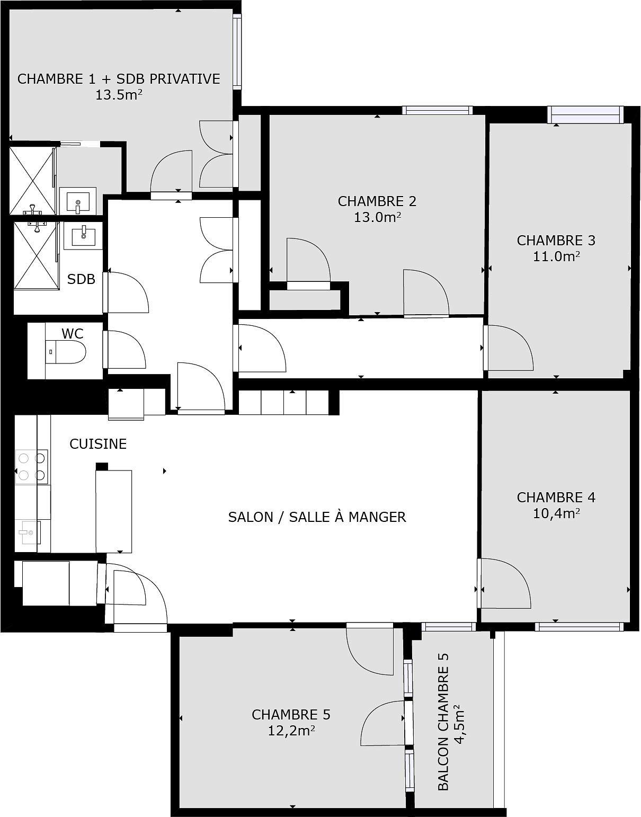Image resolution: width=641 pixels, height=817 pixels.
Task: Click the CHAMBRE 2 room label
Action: [377, 201]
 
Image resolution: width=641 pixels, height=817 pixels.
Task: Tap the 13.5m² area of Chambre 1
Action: [119, 95]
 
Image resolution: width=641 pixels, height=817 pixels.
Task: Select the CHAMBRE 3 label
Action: [556, 241]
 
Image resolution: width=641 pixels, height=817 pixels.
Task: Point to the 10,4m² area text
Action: [556, 513]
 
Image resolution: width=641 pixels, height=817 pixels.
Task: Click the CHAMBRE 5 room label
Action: [291, 715]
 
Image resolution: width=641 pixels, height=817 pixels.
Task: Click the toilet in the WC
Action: [66, 352]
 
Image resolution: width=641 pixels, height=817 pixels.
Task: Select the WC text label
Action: [73, 334]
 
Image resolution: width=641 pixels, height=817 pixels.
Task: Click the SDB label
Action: [81, 279]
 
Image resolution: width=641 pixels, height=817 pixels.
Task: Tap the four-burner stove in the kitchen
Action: [32, 467]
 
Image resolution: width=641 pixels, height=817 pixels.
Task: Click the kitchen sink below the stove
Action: [29, 532]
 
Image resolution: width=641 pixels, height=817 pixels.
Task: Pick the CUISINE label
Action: [98, 444]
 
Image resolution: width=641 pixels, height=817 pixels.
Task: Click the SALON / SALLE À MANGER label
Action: [317, 517]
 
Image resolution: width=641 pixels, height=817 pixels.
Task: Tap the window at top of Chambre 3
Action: [584, 114]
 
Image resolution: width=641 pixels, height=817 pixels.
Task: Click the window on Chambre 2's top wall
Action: [437, 110]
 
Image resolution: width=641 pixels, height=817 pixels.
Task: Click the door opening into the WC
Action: [126, 349]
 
